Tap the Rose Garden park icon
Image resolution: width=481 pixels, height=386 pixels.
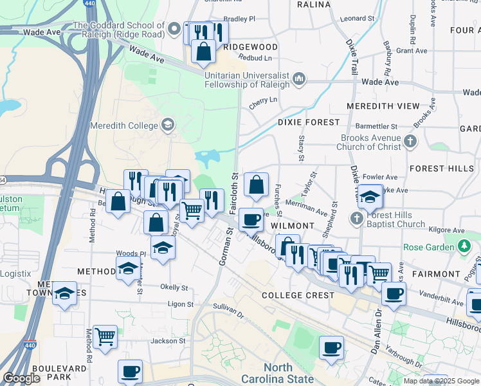pyautogui.click(x=464, y=246)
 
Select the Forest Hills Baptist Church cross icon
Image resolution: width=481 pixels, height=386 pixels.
pyautogui.click(x=357, y=219)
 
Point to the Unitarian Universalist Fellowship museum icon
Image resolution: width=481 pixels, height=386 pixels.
pyautogui.click(x=298, y=79)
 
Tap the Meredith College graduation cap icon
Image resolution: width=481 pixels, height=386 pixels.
pyautogui.click(x=168, y=124)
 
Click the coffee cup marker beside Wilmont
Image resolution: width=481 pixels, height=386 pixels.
pyautogui.click(x=251, y=220)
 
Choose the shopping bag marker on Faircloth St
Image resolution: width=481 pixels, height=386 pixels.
pyautogui.click(x=256, y=185)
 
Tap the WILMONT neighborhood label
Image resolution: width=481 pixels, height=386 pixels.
pyautogui.click(x=292, y=226)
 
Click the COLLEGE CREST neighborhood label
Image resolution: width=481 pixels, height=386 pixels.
pyautogui.click(x=298, y=295)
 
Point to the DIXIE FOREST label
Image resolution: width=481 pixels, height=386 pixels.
pyautogui.click(x=309, y=122)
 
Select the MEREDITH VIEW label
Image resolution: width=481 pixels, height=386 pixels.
pyautogui.click(x=383, y=106)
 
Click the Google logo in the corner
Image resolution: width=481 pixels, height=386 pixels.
pyautogui.click(x=21, y=378)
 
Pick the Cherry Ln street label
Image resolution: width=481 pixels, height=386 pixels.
pyautogui.click(x=262, y=100)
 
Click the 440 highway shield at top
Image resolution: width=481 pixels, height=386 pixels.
pyautogui.click(x=88, y=4)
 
